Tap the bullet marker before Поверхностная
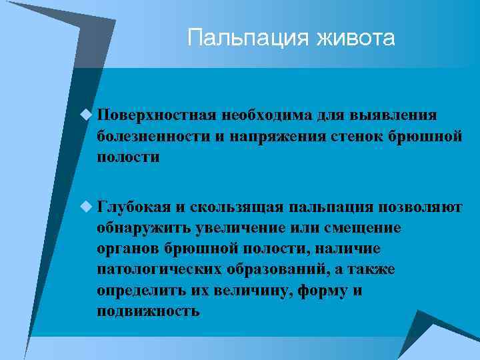(x=86, y=115)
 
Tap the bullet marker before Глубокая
(x=86, y=207)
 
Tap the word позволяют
(x=418, y=207)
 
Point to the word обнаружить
(x=143, y=229)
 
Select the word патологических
(x=155, y=270)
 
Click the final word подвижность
(x=148, y=312)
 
